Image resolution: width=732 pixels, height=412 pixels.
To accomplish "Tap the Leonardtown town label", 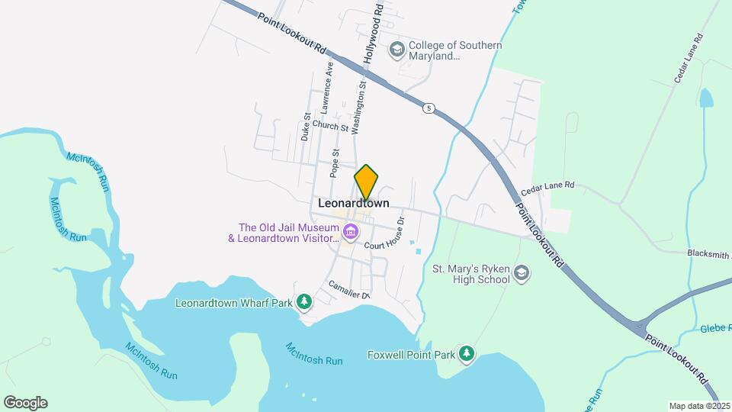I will click(x=353, y=204).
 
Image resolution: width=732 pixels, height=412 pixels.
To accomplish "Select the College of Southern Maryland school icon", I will click(x=396, y=50).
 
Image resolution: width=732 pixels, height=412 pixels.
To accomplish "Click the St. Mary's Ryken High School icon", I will click(x=522, y=274).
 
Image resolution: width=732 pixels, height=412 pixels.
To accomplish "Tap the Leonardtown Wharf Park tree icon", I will click(x=304, y=302).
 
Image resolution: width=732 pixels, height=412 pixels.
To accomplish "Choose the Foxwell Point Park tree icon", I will click(x=467, y=354).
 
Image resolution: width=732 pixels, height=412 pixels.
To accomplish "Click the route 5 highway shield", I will click(x=429, y=109).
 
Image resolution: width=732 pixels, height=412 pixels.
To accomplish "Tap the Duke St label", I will click(x=305, y=127).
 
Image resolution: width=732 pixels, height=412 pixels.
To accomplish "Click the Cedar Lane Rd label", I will click(x=547, y=189).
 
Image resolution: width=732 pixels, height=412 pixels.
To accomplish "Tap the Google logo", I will click(x=25, y=403).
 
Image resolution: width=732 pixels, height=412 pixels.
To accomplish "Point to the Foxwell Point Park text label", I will click(x=410, y=355).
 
